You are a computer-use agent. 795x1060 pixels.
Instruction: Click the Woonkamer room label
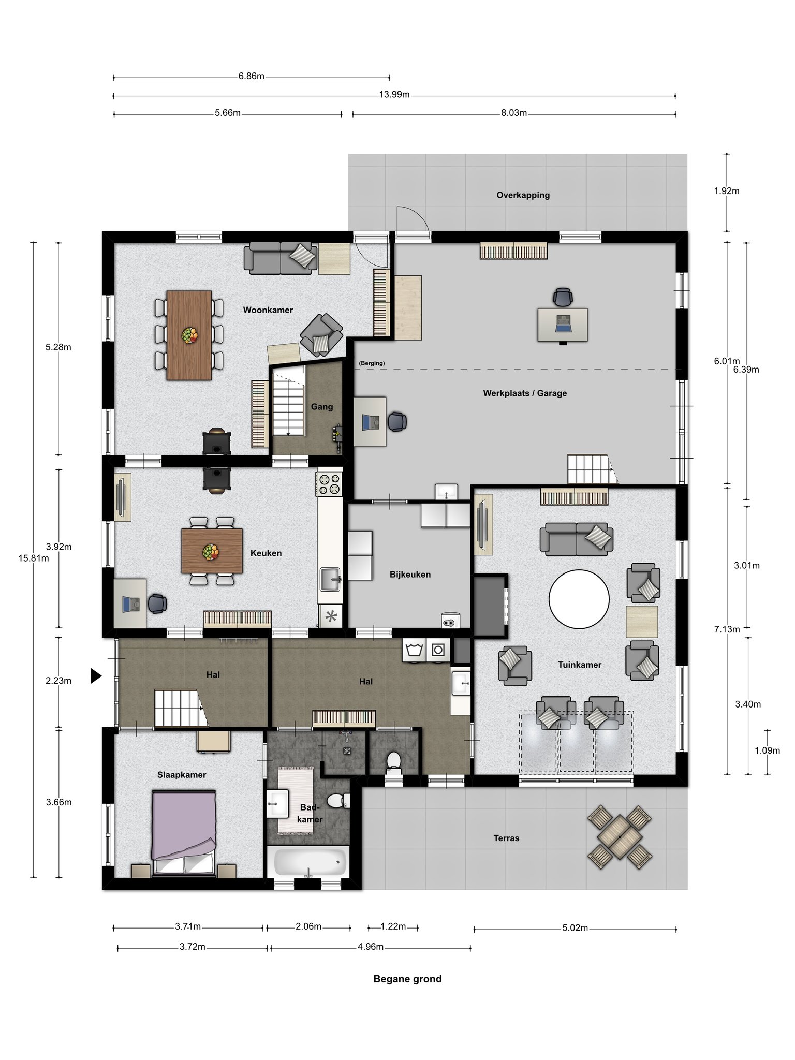pyautogui.click(x=268, y=310)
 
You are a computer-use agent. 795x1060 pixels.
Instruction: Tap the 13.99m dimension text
pyautogui.click(x=394, y=95)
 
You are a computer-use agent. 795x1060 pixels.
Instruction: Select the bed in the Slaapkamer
pyautogui.click(x=184, y=833)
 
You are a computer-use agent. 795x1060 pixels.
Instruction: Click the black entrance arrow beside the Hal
pyautogui.click(x=96, y=675)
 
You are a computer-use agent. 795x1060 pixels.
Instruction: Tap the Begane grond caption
pyautogui.click(x=407, y=979)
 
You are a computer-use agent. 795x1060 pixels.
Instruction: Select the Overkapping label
pyautogui.click(x=523, y=195)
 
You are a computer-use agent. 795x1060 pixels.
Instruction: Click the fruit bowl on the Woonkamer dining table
pyautogui.click(x=190, y=335)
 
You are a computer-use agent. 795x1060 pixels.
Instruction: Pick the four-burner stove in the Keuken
pyautogui.click(x=330, y=483)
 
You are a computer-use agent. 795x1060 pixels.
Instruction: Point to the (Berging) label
pyautogui.click(x=372, y=363)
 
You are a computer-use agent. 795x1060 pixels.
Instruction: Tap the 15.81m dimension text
pyautogui.click(x=34, y=558)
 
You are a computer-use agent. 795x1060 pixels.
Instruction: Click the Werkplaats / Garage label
pyautogui.click(x=525, y=393)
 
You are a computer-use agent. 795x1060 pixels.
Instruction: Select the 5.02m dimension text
pyautogui.click(x=575, y=928)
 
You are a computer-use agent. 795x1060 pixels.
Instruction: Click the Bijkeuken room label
pyautogui.click(x=410, y=575)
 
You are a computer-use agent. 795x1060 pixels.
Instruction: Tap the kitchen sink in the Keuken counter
pyautogui.click(x=330, y=579)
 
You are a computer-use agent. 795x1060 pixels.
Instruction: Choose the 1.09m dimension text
pyautogui.click(x=767, y=750)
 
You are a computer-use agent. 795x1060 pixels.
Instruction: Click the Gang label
pyautogui.click(x=322, y=407)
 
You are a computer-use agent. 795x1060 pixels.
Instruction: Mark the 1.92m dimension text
pyautogui.click(x=727, y=191)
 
